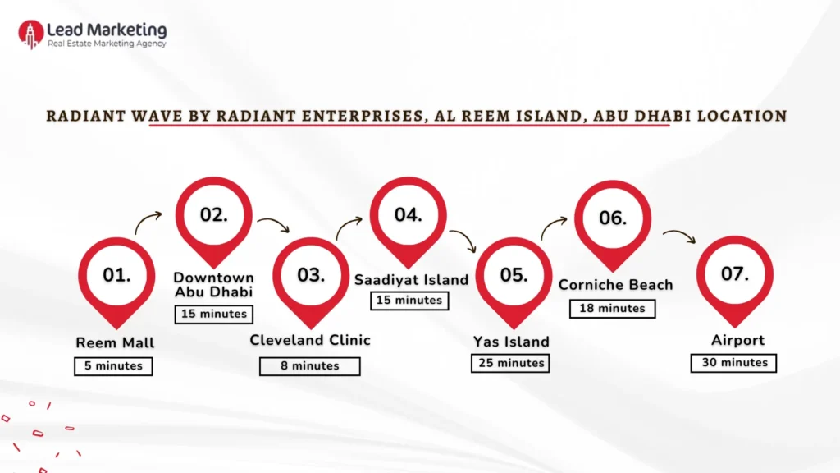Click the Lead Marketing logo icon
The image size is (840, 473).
pyautogui.click(x=30, y=34)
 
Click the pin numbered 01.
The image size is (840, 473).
pyautogui.click(x=116, y=276)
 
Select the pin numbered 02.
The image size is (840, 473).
pyautogui.click(x=214, y=215)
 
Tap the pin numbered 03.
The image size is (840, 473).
pyautogui.click(x=311, y=276)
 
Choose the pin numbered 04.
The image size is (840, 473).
pyautogui.click(x=408, y=215)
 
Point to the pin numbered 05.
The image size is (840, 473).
pyautogui.click(x=514, y=276)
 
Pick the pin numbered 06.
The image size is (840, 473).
pyautogui.click(x=612, y=218)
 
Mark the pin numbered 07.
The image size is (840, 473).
pyautogui.click(x=734, y=274)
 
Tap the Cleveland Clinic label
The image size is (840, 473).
pyautogui.click(x=310, y=340)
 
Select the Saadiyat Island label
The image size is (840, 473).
pyautogui.click(x=411, y=280)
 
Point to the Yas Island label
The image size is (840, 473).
pyautogui.click(x=511, y=342)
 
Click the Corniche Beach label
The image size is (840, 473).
pyautogui.click(x=615, y=285)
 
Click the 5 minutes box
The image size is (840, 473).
pyautogui.click(x=113, y=366)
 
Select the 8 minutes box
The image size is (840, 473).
pyautogui.click(x=310, y=366)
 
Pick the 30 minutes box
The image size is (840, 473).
pyautogui.click(x=733, y=362)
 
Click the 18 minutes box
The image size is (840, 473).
pyautogui.click(x=612, y=309)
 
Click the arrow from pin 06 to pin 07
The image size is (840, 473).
pyautogui.click(x=678, y=236)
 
